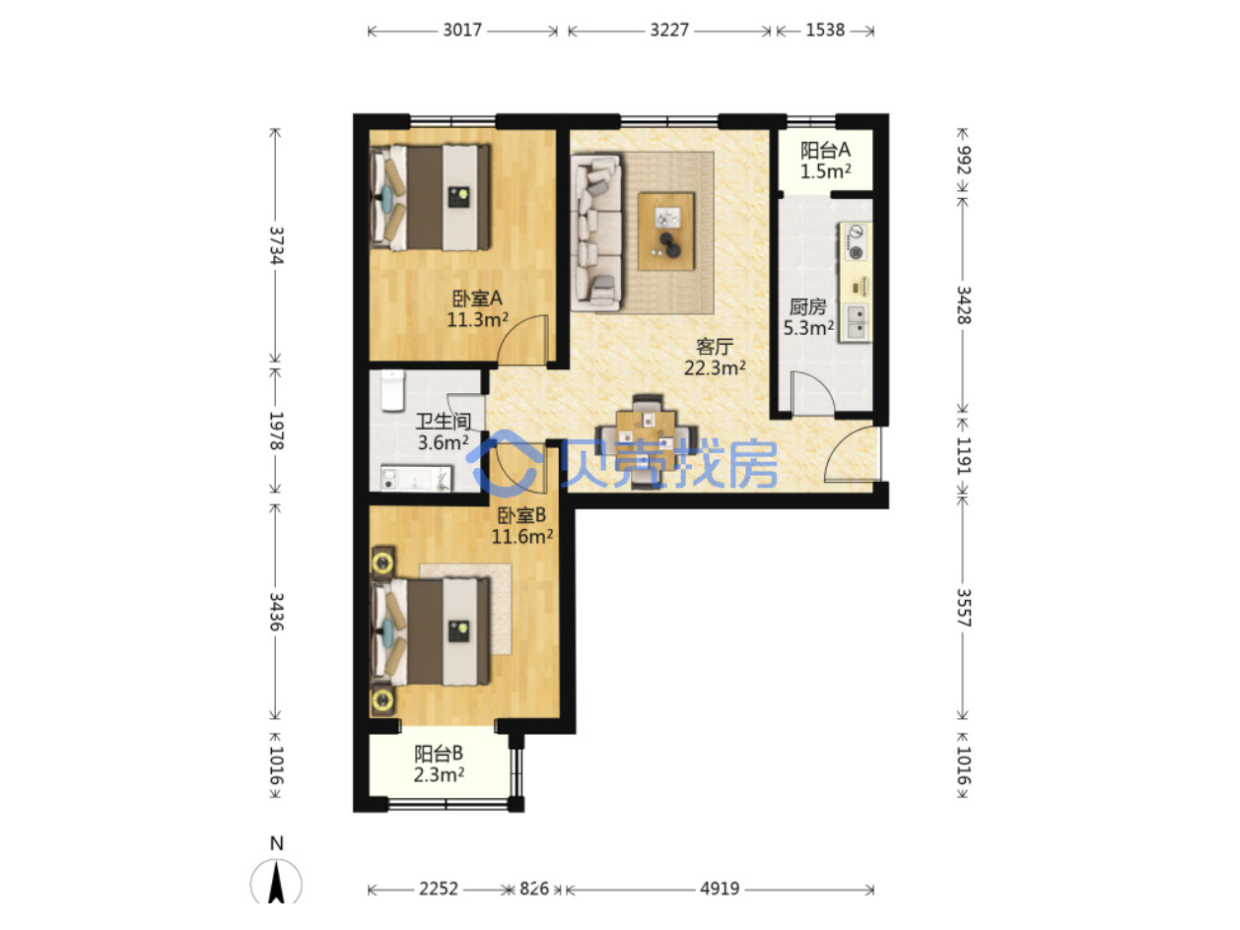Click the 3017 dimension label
(461, 30)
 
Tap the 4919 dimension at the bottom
(720, 889)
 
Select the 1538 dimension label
(824, 30)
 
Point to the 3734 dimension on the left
(276, 245)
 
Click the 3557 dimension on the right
(963, 607)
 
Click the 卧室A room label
(477, 298)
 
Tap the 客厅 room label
(714, 346)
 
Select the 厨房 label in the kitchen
(807, 306)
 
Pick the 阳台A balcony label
(825, 150)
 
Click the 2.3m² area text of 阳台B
(439, 774)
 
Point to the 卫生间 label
(444, 421)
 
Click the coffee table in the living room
(665, 232)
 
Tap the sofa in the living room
(596, 232)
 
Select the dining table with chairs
(647, 440)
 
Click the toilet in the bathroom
(392, 389)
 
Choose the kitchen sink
(857, 322)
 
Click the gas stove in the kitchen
(857, 241)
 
